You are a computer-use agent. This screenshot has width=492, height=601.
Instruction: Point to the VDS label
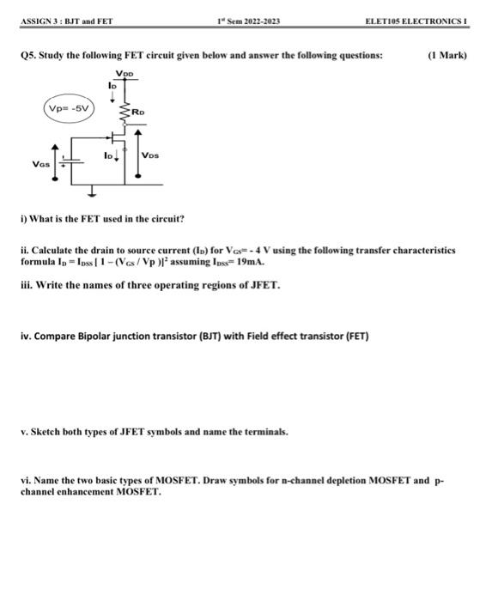(x=150, y=155)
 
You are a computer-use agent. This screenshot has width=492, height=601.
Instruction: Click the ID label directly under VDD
(x=112, y=86)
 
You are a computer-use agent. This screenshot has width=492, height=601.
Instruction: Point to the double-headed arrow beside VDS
(x=137, y=155)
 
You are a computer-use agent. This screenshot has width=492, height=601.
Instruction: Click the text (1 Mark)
(x=446, y=55)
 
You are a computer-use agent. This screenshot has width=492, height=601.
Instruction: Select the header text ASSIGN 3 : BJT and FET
(x=64, y=21)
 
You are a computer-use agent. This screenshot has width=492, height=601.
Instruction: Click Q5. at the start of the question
(x=28, y=55)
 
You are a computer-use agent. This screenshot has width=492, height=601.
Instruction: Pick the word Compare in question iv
(x=54, y=337)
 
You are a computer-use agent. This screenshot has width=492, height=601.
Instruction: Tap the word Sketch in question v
(x=47, y=431)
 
